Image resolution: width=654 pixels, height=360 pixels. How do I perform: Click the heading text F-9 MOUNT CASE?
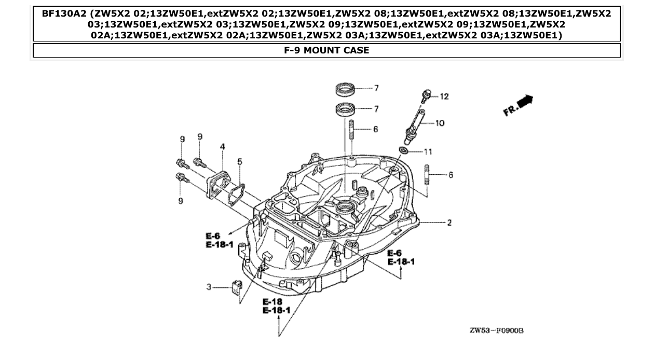click(326, 50)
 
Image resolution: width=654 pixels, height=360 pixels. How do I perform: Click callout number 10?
click(440, 123)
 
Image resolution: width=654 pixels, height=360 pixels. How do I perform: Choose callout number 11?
click(428, 151)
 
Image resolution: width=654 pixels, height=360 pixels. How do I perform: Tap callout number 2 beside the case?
click(449, 223)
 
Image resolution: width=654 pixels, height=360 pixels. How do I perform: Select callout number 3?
click(209, 287)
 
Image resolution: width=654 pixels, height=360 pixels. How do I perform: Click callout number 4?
click(222, 147)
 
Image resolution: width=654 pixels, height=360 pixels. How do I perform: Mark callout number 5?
click(239, 162)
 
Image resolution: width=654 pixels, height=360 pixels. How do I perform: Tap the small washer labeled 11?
click(404, 151)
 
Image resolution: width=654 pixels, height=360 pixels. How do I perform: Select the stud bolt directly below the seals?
click(351, 129)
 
